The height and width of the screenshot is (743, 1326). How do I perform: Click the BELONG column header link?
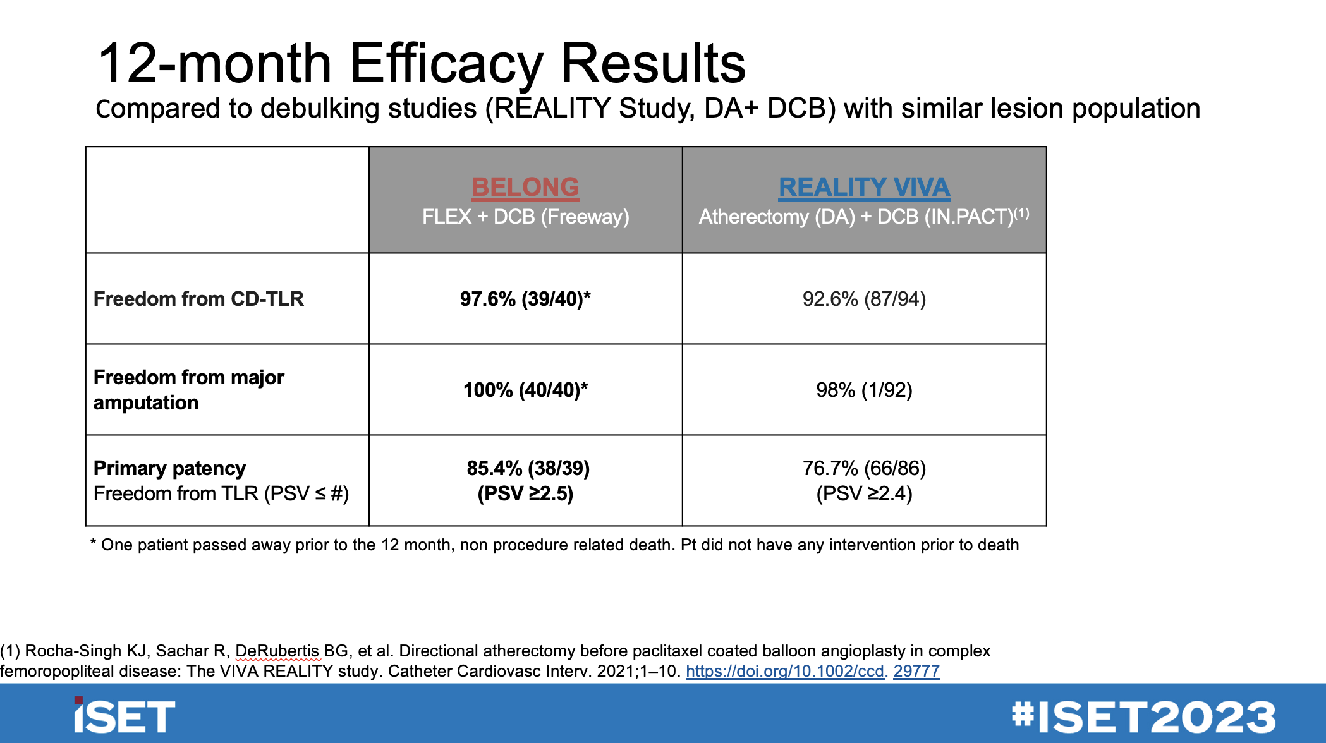click(525, 187)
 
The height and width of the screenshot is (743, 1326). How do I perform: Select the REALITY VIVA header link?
click(864, 187)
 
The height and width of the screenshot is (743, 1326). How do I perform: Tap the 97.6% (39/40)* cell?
click(525, 299)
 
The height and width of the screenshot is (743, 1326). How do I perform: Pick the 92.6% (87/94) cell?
click(864, 299)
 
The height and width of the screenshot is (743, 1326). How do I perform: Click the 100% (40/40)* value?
click(525, 390)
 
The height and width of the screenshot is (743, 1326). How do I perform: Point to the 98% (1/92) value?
click(864, 390)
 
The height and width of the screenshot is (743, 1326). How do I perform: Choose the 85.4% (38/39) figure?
click(528, 468)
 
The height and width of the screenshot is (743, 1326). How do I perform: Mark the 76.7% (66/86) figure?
click(864, 468)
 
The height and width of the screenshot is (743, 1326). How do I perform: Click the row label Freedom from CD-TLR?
click(198, 299)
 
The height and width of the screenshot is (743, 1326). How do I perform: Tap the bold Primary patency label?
click(169, 468)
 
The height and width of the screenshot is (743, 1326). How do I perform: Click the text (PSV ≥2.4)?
click(864, 493)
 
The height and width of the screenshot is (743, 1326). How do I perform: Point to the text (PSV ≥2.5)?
click(525, 493)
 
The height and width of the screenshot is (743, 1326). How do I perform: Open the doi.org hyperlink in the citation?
click(812, 671)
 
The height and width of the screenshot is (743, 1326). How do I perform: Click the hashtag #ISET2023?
click(1143, 716)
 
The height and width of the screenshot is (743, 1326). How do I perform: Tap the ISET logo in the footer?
click(124, 716)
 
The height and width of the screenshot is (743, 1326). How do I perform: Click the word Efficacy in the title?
click(446, 63)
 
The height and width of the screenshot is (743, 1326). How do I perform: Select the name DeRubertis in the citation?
click(277, 651)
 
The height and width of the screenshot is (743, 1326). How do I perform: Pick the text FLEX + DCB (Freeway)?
click(525, 217)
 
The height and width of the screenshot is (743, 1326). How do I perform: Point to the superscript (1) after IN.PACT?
click(1022, 213)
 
